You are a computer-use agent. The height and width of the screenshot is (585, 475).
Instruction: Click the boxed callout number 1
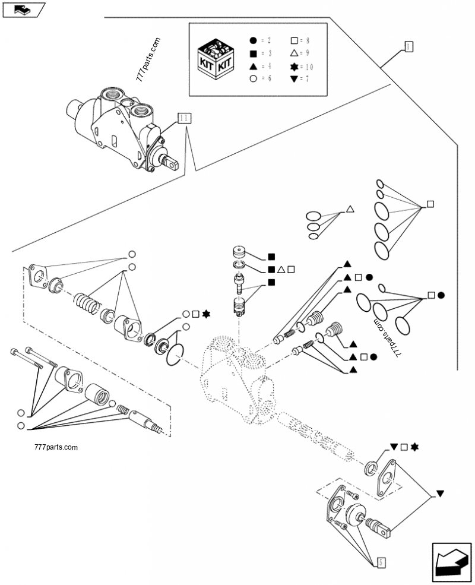[x=409, y=46]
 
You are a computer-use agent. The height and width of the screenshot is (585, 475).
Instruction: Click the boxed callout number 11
[x=183, y=118]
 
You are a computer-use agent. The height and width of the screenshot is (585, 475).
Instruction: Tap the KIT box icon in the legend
[x=215, y=59]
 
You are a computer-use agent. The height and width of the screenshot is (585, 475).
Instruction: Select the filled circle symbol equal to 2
[x=253, y=40]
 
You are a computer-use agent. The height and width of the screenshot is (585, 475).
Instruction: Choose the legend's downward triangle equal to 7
[x=294, y=79]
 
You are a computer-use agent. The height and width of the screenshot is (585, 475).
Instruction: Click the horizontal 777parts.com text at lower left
[x=56, y=447]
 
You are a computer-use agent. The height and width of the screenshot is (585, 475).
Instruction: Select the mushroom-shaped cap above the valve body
[x=240, y=251]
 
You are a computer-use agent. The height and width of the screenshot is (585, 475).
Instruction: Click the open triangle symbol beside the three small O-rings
[x=350, y=209]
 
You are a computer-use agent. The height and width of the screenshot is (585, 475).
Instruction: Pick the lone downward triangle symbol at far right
[x=440, y=493]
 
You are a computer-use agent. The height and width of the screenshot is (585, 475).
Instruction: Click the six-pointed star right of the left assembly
[x=205, y=314]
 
